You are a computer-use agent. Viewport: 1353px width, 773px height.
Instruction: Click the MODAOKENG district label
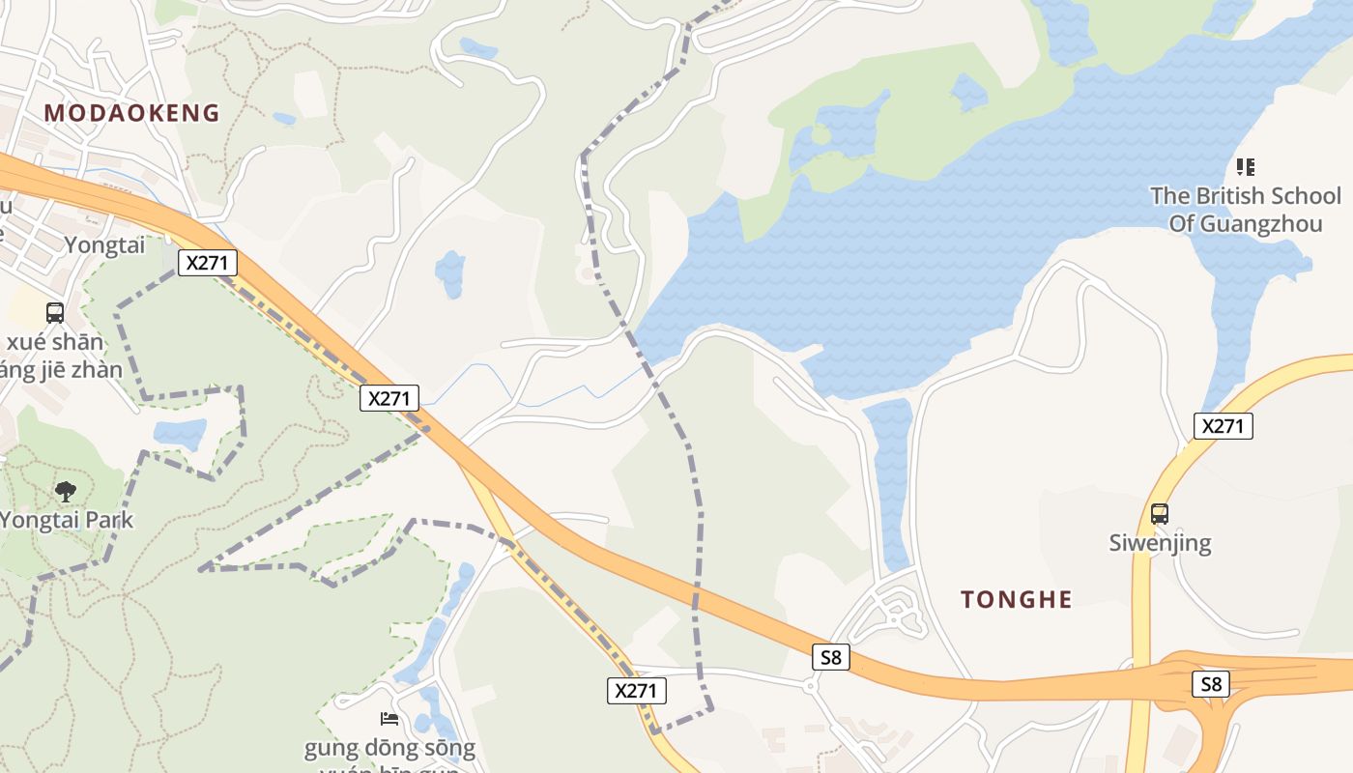click(132, 113)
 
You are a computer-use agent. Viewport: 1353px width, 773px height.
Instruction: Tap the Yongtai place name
click(104, 245)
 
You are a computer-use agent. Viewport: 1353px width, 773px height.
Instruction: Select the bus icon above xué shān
click(55, 313)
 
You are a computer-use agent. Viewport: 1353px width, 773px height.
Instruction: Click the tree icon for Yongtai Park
click(66, 492)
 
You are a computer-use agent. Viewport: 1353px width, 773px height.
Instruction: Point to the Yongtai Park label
click(66, 520)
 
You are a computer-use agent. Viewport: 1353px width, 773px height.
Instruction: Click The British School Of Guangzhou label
click(1245, 210)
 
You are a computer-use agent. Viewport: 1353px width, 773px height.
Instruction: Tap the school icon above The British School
click(1246, 167)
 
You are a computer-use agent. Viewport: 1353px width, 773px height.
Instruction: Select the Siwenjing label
click(1160, 542)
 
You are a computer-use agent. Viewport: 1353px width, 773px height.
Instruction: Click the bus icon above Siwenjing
click(1160, 513)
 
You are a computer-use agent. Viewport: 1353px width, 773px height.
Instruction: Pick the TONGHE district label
click(1017, 600)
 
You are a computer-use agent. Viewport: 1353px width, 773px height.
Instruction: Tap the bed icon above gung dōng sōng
click(389, 718)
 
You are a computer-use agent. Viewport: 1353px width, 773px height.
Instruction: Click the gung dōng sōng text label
click(389, 748)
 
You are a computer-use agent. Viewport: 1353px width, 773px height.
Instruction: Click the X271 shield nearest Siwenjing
click(1223, 426)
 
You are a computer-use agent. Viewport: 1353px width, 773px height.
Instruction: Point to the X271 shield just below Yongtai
click(208, 263)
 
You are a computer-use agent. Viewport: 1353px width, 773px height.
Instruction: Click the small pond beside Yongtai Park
click(180, 432)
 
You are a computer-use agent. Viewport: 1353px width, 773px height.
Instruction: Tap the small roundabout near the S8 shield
click(811, 685)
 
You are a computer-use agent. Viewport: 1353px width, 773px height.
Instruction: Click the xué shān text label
click(56, 342)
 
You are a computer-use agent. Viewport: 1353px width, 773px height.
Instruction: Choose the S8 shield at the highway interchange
click(1211, 684)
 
